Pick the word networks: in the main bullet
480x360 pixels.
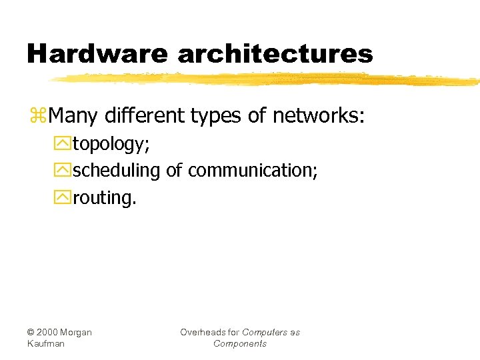point(318,117)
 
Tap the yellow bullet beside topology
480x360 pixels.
point(65,143)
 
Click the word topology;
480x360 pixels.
point(111,144)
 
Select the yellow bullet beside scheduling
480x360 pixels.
point(65,171)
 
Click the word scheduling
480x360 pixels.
point(117,171)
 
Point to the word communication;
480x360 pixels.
point(253,170)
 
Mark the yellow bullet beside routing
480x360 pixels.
point(65,197)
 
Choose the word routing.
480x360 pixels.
point(105,197)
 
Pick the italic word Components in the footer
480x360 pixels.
point(240,343)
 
